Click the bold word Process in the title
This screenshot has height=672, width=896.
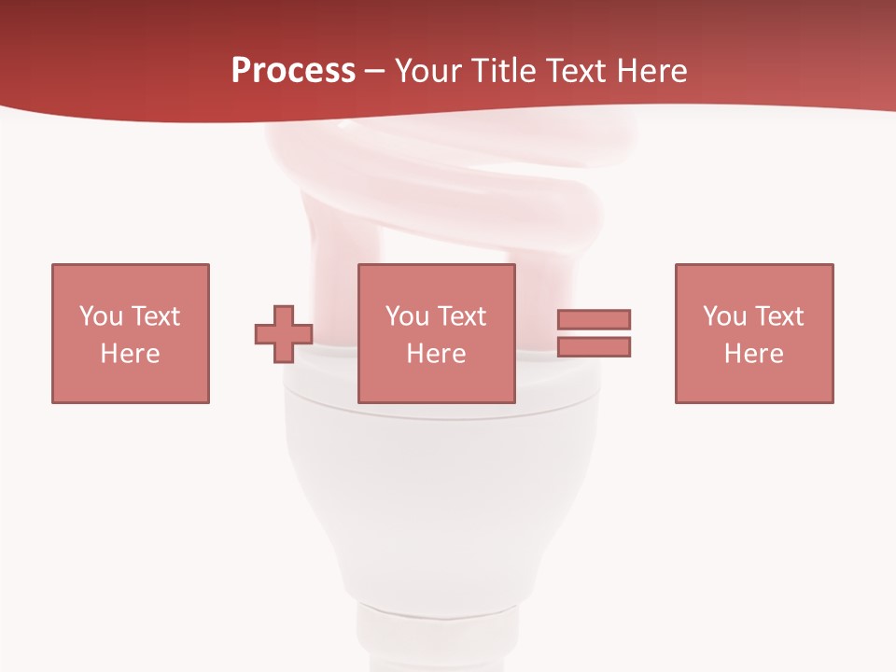coord(293,71)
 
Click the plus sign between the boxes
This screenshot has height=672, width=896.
coord(284,334)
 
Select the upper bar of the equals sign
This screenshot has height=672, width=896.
coord(594,319)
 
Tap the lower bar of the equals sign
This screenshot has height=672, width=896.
coord(594,347)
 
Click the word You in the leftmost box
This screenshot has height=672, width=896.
coord(101,316)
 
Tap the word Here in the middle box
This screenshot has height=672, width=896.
coord(437,354)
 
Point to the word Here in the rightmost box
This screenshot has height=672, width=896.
coord(754,354)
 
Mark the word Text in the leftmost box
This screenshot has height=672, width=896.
coord(155,316)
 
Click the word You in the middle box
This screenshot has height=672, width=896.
coord(407,316)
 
